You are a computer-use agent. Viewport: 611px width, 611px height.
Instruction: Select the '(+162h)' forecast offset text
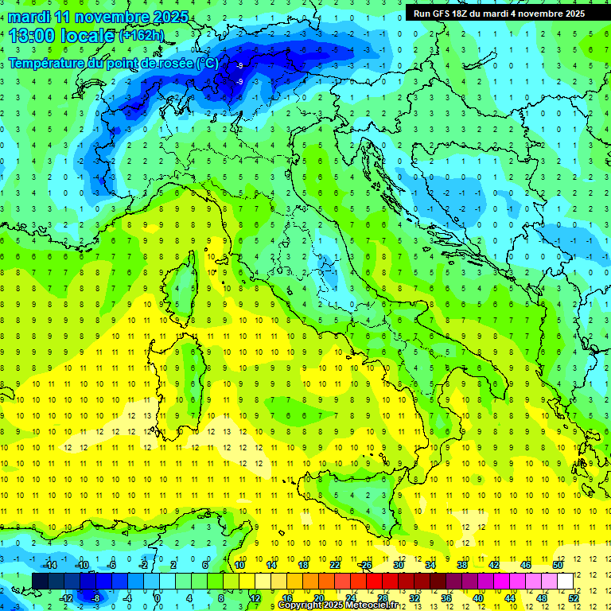141,36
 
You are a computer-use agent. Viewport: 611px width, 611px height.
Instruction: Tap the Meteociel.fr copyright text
337,605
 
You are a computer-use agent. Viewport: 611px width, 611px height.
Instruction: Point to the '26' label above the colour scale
366,565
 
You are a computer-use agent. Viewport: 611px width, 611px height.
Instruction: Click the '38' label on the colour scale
461,565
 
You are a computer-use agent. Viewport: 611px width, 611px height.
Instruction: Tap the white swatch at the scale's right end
565,581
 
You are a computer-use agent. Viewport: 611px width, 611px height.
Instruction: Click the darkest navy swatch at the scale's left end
41,581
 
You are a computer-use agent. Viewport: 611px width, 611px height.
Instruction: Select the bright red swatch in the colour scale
374,581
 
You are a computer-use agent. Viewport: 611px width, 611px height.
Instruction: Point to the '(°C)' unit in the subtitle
206,63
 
